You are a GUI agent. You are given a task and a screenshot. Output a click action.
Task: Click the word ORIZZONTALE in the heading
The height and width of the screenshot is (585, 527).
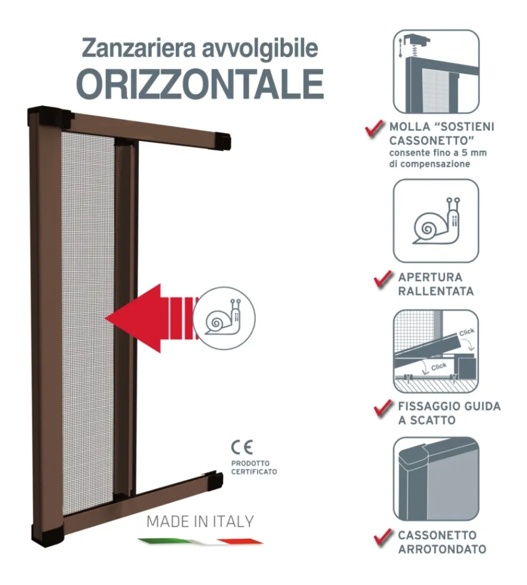pyautogui.click(x=200, y=84)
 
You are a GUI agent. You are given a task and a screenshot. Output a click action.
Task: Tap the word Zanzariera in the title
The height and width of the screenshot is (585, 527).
pyautogui.click(x=139, y=48)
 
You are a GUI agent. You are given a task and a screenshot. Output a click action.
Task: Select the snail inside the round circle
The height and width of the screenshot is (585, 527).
pyautogui.click(x=223, y=316)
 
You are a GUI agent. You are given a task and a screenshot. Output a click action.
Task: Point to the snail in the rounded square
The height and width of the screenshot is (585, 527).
pyautogui.click(x=436, y=221)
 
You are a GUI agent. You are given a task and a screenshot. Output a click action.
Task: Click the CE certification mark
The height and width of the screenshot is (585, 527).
pyautogui.click(x=242, y=447)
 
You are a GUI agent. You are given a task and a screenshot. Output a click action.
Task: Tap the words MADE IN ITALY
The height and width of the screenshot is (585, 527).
pyautogui.click(x=200, y=521)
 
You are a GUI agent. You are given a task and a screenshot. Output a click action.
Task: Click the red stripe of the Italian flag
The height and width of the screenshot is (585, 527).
pyautogui.click(x=240, y=541)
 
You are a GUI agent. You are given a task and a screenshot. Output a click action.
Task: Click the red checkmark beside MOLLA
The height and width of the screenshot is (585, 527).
pyautogui.click(x=374, y=129)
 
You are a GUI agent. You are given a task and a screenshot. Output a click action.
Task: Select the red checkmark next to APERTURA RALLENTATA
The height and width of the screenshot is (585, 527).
pyautogui.click(x=383, y=280)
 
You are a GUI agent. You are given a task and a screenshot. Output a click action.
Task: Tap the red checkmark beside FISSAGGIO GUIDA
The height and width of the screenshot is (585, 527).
pyautogui.click(x=383, y=408)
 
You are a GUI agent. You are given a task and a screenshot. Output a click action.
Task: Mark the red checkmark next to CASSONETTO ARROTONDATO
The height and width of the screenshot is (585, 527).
pyautogui.click(x=383, y=538)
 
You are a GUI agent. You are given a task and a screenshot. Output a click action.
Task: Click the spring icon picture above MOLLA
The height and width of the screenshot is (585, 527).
pyautogui.click(x=436, y=71)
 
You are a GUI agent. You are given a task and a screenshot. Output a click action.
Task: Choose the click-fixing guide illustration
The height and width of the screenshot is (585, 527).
pyautogui.click(x=436, y=351)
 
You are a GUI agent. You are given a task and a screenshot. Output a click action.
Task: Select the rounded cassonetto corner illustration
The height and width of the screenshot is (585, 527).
pyautogui.click(x=436, y=479)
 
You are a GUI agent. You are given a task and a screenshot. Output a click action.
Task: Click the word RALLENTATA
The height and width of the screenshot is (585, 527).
pyautogui.click(x=436, y=291)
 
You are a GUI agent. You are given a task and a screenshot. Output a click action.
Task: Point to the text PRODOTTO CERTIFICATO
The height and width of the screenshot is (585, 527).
pyautogui.click(x=254, y=467)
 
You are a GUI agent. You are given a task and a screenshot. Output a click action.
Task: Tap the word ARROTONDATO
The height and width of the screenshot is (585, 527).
pyautogui.click(x=442, y=549)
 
